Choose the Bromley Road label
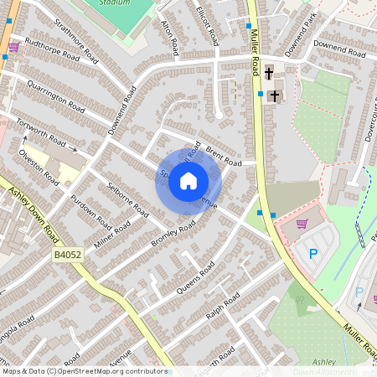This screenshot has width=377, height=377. coord(173,233)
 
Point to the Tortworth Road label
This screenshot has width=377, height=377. coord(39,131)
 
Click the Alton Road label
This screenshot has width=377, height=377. coord(169,37)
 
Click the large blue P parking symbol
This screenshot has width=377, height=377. coord(314,254)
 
